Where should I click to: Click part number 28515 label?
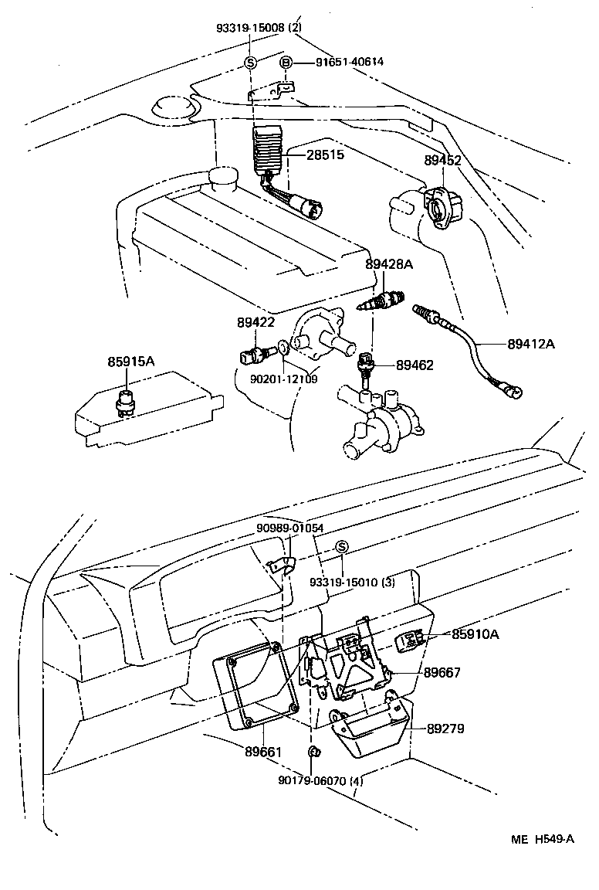[x=325, y=155]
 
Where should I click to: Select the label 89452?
[x=442, y=161]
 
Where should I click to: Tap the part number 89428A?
[x=389, y=264]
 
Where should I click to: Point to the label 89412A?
[x=531, y=344]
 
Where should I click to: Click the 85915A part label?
[x=131, y=361]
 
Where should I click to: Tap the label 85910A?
[x=475, y=634]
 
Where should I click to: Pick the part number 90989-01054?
[x=290, y=528]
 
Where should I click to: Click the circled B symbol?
[x=285, y=63]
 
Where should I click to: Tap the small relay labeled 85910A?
[x=410, y=639]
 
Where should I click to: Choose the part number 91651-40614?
[x=349, y=63]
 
